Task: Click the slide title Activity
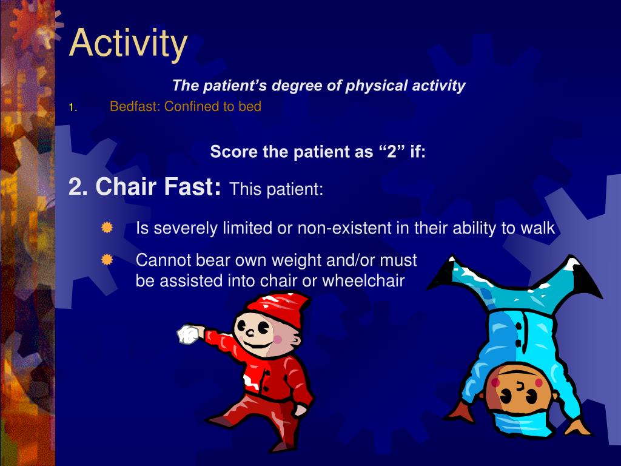[128, 43]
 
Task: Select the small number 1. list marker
[72, 107]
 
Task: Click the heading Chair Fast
[145, 187]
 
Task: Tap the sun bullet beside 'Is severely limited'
[107, 228]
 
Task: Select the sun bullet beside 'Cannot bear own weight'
[107, 260]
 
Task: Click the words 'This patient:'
[277, 189]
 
